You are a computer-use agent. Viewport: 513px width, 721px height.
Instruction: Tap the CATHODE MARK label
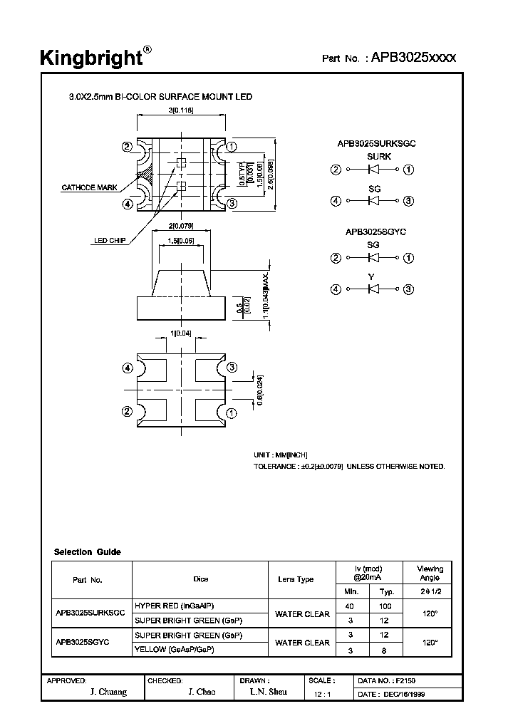point(89,188)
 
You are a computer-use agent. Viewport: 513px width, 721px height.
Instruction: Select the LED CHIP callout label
point(110,241)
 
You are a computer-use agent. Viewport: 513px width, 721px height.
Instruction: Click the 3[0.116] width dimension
point(181,110)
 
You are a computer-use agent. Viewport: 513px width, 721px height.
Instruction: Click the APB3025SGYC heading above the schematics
point(375,232)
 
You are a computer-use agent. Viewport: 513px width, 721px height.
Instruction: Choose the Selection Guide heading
point(87,552)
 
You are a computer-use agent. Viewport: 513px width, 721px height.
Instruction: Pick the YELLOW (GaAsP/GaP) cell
point(175,649)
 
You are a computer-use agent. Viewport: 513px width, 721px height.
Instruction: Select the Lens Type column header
point(296,579)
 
